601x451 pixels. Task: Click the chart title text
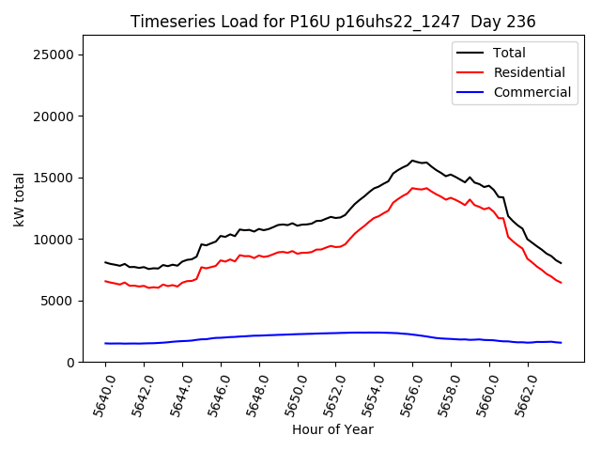click(332, 22)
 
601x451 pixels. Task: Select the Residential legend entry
click(529, 72)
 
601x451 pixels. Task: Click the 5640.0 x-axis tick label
click(97, 394)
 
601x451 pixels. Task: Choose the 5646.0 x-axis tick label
click(212, 394)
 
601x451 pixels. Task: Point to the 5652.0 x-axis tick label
click(328, 394)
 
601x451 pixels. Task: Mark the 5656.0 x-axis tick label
click(405, 394)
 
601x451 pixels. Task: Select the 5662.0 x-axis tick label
click(520, 394)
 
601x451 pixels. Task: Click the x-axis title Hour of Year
click(332, 429)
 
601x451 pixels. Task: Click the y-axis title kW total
click(19, 198)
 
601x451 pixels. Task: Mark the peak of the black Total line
click(412, 161)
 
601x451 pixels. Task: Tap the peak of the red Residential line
click(412, 188)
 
